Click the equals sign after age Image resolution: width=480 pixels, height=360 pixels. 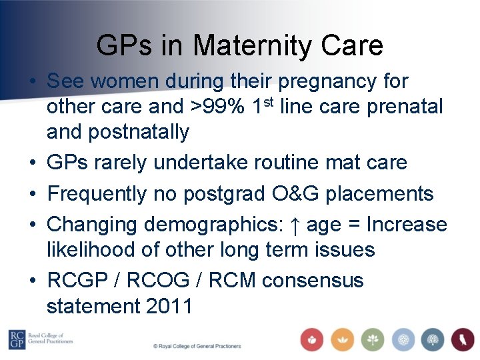[355, 225]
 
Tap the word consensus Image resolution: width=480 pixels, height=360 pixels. [313, 281]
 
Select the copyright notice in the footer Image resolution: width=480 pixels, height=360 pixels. [197, 347]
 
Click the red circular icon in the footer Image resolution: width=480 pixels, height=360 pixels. [312, 339]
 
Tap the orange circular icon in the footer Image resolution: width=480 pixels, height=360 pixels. [343, 339]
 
